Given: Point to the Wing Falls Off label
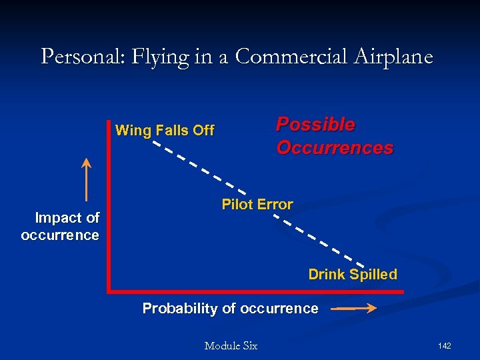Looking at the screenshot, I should point(165,131).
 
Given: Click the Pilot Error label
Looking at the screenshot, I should point(257,205).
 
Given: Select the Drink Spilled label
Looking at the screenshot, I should point(352,275).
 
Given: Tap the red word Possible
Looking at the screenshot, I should point(315,125).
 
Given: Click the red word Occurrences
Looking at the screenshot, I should point(335,148).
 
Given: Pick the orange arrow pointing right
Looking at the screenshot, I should point(354,309).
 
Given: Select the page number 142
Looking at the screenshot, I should point(445,345).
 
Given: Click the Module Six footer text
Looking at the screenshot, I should point(231,345).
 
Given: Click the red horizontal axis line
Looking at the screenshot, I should point(253,291).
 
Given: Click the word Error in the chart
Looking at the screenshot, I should point(275,205).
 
